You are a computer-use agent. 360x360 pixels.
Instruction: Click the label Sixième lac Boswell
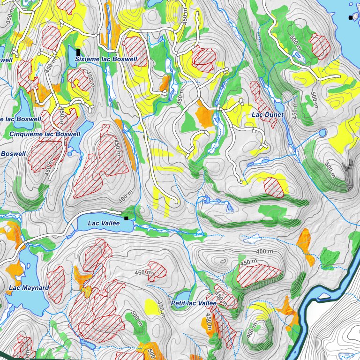(x=106, y=60)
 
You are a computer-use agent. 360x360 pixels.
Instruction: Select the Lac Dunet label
(x=267, y=114)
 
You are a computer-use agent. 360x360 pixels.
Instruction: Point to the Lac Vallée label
(x=104, y=223)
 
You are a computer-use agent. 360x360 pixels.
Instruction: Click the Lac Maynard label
(x=29, y=287)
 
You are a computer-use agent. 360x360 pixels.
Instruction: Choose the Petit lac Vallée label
(x=193, y=303)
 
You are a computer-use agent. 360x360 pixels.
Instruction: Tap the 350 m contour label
(x=9, y=17)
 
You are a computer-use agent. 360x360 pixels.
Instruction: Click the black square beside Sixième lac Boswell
(x=78, y=52)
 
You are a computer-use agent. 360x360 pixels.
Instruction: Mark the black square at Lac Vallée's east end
(x=126, y=218)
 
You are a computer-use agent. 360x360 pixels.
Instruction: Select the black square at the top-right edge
(x=350, y=17)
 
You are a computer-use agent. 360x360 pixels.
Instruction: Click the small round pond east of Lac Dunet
(x=322, y=133)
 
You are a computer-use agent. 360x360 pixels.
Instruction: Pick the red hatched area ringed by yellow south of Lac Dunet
(x=274, y=187)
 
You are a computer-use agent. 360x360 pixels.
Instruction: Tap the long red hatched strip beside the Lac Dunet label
(x=262, y=104)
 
